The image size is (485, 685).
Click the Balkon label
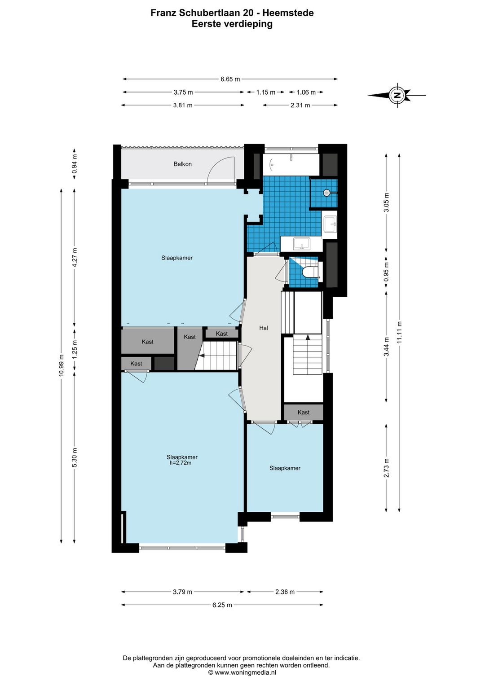(x=183, y=164)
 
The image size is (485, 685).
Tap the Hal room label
(x=264, y=328)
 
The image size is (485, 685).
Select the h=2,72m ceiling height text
(x=181, y=463)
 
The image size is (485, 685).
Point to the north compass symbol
(x=397, y=95)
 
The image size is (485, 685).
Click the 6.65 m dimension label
(x=230, y=79)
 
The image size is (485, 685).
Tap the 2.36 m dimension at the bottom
(x=285, y=592)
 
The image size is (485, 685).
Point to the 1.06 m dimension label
(x=306, y=92)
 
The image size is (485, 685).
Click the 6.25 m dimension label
(x=222, y=605)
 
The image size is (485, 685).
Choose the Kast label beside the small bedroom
(x=304, y=412)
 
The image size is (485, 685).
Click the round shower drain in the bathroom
(x=326, y=193)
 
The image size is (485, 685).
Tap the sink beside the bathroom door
(x=302, y=244)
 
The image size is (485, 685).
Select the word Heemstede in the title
(x=288, y=13)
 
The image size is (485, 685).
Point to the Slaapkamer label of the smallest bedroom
(x=285, y=468)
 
